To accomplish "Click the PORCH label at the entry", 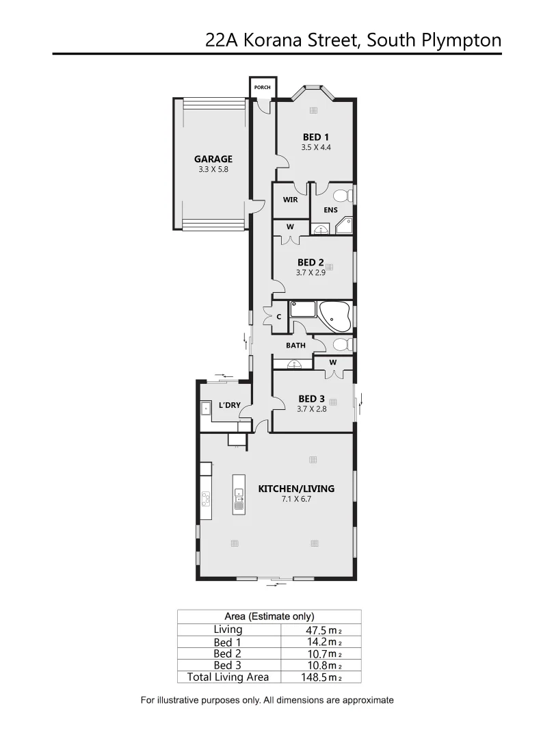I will coord(262,88).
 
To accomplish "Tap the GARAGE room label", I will coord(213,159).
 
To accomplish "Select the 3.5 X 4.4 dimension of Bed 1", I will coord(315,147).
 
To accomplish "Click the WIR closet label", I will coord(290,200).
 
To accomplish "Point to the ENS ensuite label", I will coord(331,209).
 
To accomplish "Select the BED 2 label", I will coord(311,262).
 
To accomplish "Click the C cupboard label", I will coord(279,317).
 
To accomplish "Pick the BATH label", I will coord(295,346).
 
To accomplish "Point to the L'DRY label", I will coord(229,406).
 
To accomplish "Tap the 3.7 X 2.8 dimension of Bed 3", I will coord(311,409).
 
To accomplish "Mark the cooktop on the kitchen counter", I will coord(205,499).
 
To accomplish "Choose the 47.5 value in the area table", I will coord(317,630).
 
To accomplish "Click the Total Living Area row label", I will coord(228,677).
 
